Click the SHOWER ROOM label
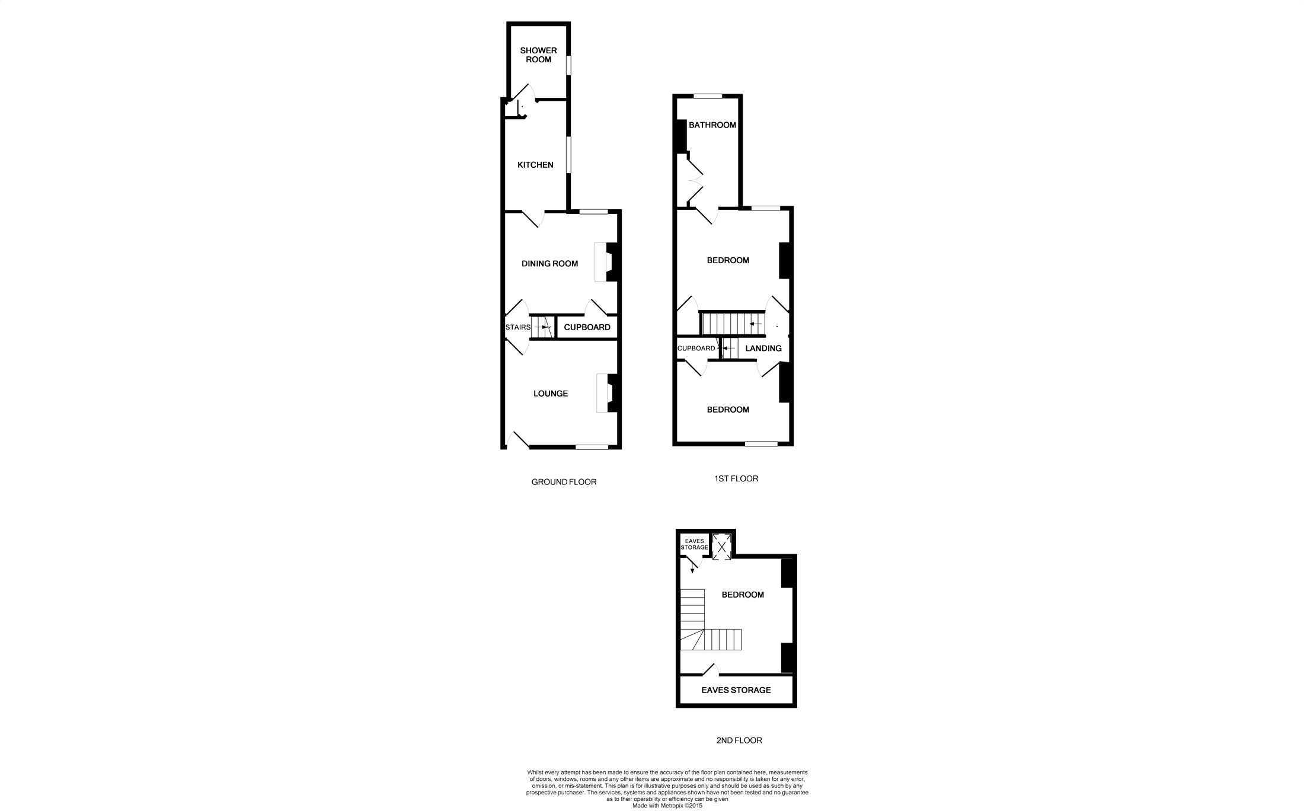tap(538, 55)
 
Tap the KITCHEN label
tap(535, 165)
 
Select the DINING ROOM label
tap(549, 264)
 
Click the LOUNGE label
tap(551, 394)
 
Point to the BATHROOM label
tap(712, 125)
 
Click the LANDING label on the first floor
tap(763, 349)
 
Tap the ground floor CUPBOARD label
tap(587, 327)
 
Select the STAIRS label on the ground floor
tap(517, 327)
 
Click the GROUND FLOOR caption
tap(564, 482)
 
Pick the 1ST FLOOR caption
tap(736, 478)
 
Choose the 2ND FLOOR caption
tap(739, 740)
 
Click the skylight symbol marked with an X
tap(721, 547)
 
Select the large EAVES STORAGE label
tap(736, 690)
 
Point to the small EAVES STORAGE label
tap(693, 544)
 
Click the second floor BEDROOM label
tap(742, 595)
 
